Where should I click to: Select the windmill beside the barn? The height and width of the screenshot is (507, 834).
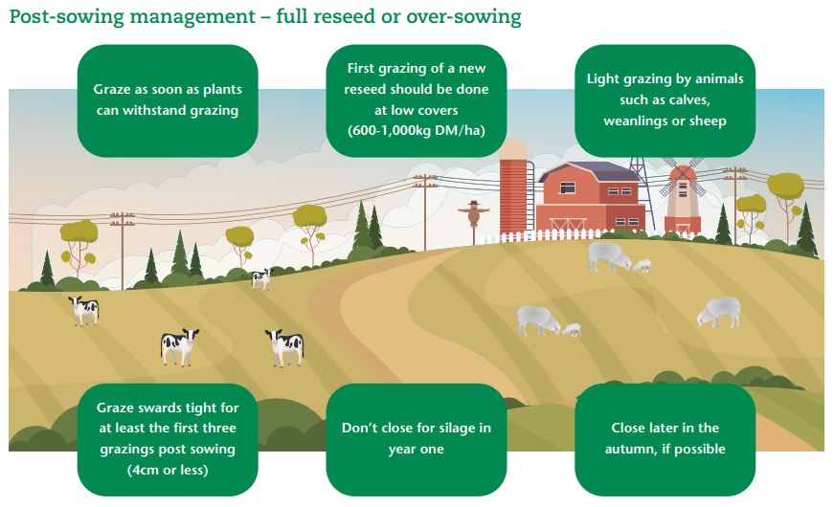pos(682,198)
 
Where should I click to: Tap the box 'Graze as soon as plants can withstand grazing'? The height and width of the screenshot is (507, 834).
pos(167,99)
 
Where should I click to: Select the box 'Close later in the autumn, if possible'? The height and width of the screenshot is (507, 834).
pos(665,439)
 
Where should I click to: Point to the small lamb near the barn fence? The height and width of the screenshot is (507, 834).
pos(642,265)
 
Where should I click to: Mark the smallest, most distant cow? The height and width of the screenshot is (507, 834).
pos(260,278)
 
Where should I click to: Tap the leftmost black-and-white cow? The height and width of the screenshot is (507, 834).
pos(84,309)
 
